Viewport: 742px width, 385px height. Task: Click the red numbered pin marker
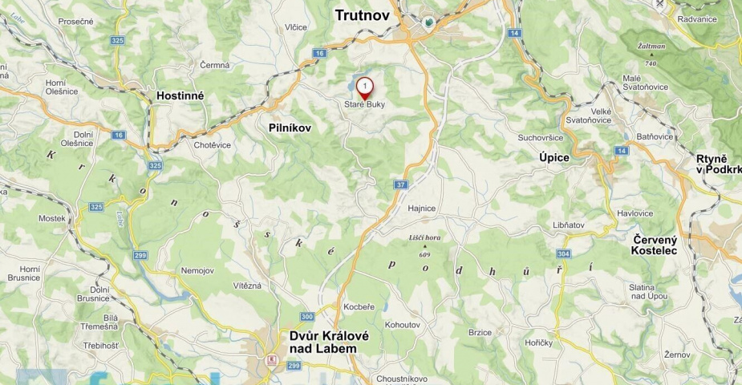tap(365, 86)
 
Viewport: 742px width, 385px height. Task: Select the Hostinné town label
tap(180, 95)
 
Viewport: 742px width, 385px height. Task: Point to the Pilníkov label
tap(290, 128)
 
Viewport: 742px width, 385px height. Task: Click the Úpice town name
tap(554, 158)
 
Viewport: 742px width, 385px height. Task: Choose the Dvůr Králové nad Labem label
tap(330, 342)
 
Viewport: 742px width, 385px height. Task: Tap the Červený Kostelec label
tap(655, 245)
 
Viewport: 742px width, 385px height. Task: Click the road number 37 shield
tap(401, 184)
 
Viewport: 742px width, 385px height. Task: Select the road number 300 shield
tap(307, 316)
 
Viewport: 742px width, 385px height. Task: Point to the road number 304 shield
tap(563, 253)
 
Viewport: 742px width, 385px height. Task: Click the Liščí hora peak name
tap(424, 238)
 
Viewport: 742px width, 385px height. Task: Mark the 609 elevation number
tap(425, 256)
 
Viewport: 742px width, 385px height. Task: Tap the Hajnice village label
tap(421, 209)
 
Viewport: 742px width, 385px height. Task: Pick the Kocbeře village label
tap(359, 307)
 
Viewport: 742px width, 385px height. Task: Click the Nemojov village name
tap(198, 270)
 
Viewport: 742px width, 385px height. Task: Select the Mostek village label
tap(51, 218)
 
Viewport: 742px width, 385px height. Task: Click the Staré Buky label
tap(365, 104)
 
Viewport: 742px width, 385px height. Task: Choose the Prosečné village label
tap(76, 21)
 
